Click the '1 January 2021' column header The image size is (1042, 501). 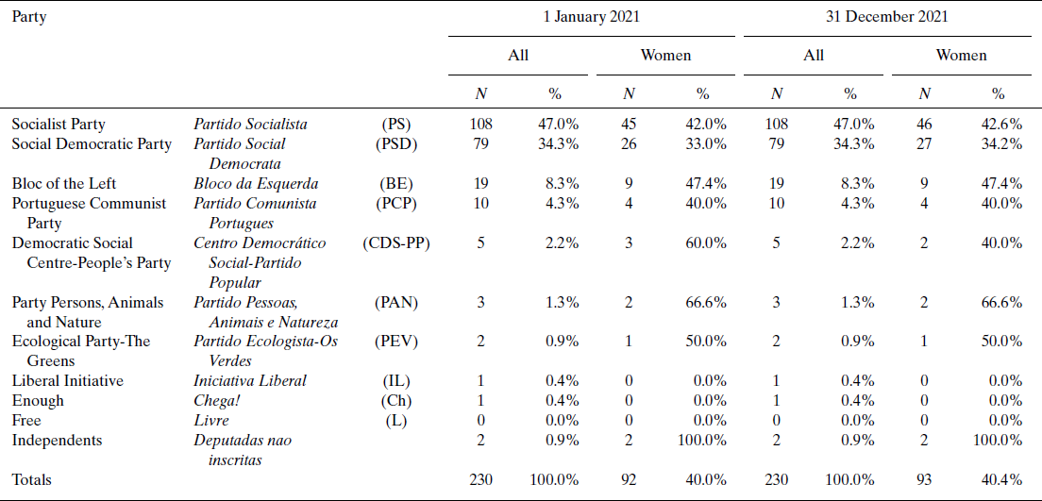point(593,17)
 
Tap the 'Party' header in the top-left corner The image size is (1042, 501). point(29,17)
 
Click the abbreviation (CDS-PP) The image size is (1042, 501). point(395,242)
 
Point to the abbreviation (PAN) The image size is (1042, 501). point(395,302)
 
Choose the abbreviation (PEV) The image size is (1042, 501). point(395,341)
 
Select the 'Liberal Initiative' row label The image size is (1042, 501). point(67,380)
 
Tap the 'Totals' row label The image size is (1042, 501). point(32,479)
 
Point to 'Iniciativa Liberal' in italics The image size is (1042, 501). point(250,380)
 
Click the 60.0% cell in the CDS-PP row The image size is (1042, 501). point(707,242)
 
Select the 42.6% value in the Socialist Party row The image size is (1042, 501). point(1002,124)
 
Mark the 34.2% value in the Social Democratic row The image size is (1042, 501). point(1002,143)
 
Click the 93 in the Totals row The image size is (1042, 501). point(925,479)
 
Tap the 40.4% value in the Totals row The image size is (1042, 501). point(1002,479)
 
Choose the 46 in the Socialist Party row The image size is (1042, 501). point(925,124)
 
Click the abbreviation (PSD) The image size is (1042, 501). point(395,143)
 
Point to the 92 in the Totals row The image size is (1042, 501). point(629,479)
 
